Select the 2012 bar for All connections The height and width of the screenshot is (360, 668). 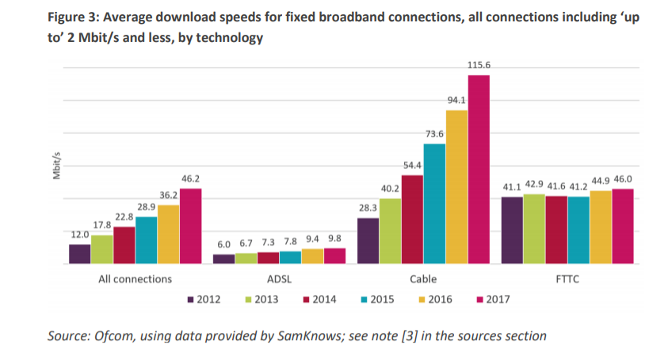pos(79,254)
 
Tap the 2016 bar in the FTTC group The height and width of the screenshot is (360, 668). pos(601,227)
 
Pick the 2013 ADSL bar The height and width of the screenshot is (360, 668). pos(246,258)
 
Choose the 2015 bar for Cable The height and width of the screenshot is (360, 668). pos(434,203)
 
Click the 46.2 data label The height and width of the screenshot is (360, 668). pos(190,179)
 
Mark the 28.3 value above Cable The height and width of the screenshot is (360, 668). pos(368,209)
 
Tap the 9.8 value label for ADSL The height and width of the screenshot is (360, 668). pos(335,239)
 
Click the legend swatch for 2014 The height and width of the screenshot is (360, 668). pos(307,300)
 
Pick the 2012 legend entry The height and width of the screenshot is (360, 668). pos(203,300)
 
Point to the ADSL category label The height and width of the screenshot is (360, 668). pos(279,279)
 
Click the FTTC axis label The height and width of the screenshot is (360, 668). pos(568,279)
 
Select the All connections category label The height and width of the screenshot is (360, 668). pos(135,279)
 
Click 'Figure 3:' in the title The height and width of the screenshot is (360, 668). pos(76,17)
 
